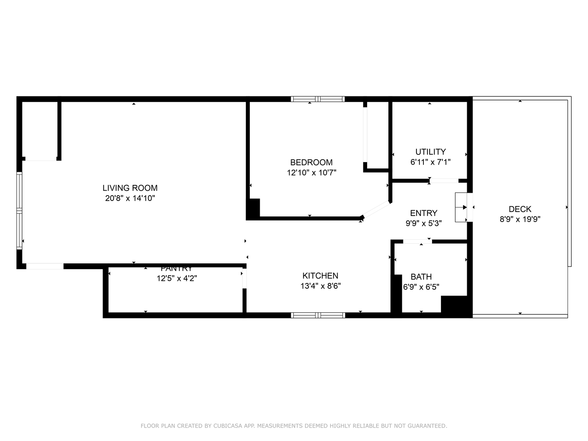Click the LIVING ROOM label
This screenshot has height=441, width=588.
tap(130, 188)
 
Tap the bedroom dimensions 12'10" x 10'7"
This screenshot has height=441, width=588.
tap(312, 173)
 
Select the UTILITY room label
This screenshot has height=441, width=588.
tap(430, 152)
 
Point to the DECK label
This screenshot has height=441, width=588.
tap(520, 209)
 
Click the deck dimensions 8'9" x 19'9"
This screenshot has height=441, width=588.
tap(520, 219)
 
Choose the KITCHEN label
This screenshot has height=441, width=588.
tap(321, 276)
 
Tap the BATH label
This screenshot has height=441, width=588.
tap(421, 276)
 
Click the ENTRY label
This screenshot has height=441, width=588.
tap(423, 213)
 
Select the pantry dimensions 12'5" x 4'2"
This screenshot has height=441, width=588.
tap(177, 278)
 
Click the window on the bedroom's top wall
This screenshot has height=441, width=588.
tap(318, 99)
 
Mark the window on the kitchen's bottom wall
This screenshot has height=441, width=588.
tap(318, 315)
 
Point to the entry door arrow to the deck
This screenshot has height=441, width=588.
tap(465, 207)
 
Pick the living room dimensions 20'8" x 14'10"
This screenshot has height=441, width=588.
tap(130, 198)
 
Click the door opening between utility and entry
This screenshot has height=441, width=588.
tap(444, 181)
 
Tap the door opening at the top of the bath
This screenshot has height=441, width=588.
tap(417, 241)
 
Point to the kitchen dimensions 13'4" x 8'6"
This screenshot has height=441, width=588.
tap(321, 286)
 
